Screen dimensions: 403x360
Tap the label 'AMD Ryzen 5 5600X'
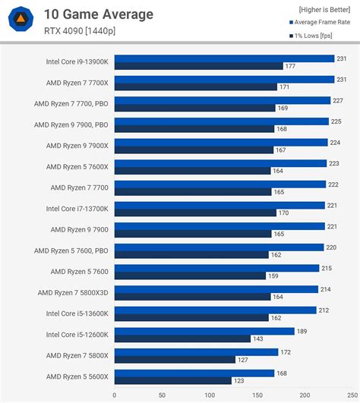pyautogui.click(x=77, y=376)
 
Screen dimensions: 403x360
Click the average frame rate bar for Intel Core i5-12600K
pyautogui.click(x=204, y=331)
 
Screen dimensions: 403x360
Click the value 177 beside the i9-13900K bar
pyautogui.click(x=290, y=66)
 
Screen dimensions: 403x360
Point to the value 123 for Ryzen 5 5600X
pyautogui.click(x=238, y=381)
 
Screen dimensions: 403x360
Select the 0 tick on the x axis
pyautogui.click(x=115, y=395)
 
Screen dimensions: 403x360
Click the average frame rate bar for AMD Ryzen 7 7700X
pyautogui.click(x=224, y=79)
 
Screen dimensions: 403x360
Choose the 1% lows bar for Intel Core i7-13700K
pyautogui.click(x=195, y=213)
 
